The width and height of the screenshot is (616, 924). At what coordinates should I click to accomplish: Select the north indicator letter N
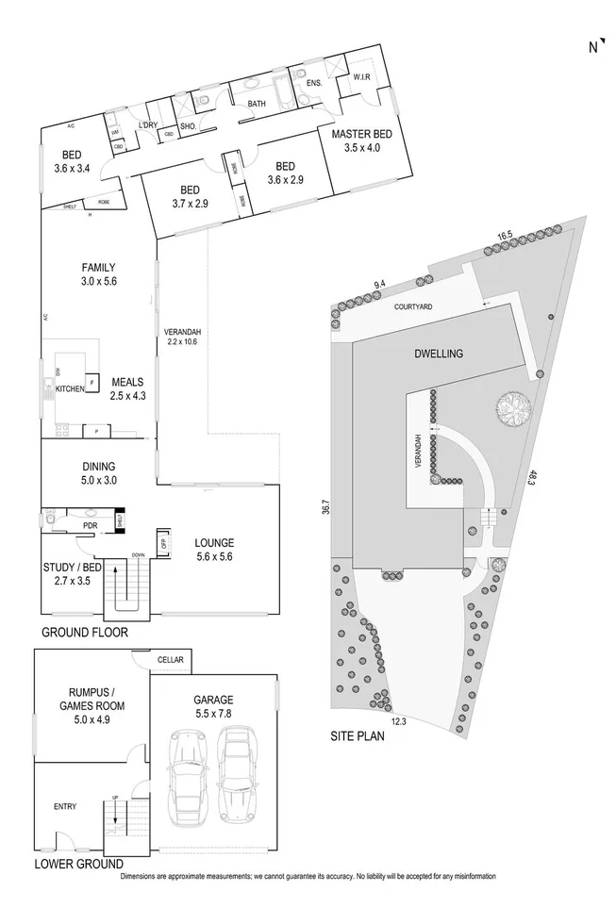(x=593, y=47)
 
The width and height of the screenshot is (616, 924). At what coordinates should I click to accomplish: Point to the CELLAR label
(x=170, y=659)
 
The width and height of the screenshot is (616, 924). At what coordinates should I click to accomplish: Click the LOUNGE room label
(x=214, y=542)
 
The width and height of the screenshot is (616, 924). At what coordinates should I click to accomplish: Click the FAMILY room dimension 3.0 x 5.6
(x=98, y=281)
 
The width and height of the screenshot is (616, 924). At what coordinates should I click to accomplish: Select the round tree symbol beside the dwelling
(x=515, y=408)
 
